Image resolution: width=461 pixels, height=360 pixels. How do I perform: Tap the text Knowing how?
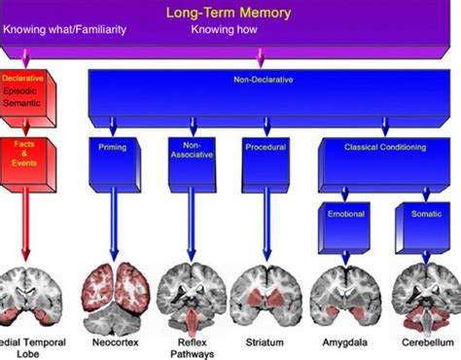click(223, 28)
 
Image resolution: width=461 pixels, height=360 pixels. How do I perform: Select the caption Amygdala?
click(344, 344)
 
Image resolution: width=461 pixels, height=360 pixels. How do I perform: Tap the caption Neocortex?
click(119, 344)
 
